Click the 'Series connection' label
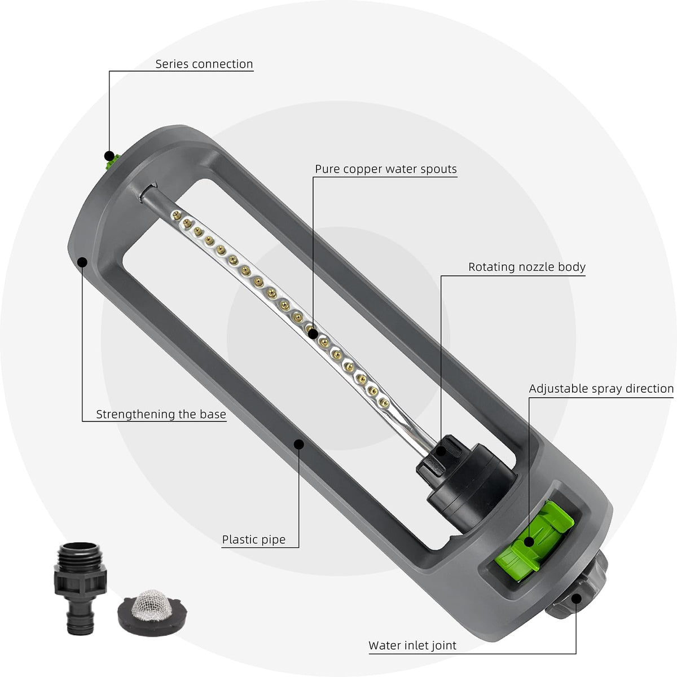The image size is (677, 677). click(204, 64)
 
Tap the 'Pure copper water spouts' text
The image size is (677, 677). click(386, 169)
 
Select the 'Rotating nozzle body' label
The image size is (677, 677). click(526, 267)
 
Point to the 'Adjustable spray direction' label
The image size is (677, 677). click(601, 389)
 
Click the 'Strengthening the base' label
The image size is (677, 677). click(161, 414)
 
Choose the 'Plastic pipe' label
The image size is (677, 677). click(254, 539)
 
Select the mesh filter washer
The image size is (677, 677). click(152, 612)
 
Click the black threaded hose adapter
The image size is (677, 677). click(80, 588)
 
